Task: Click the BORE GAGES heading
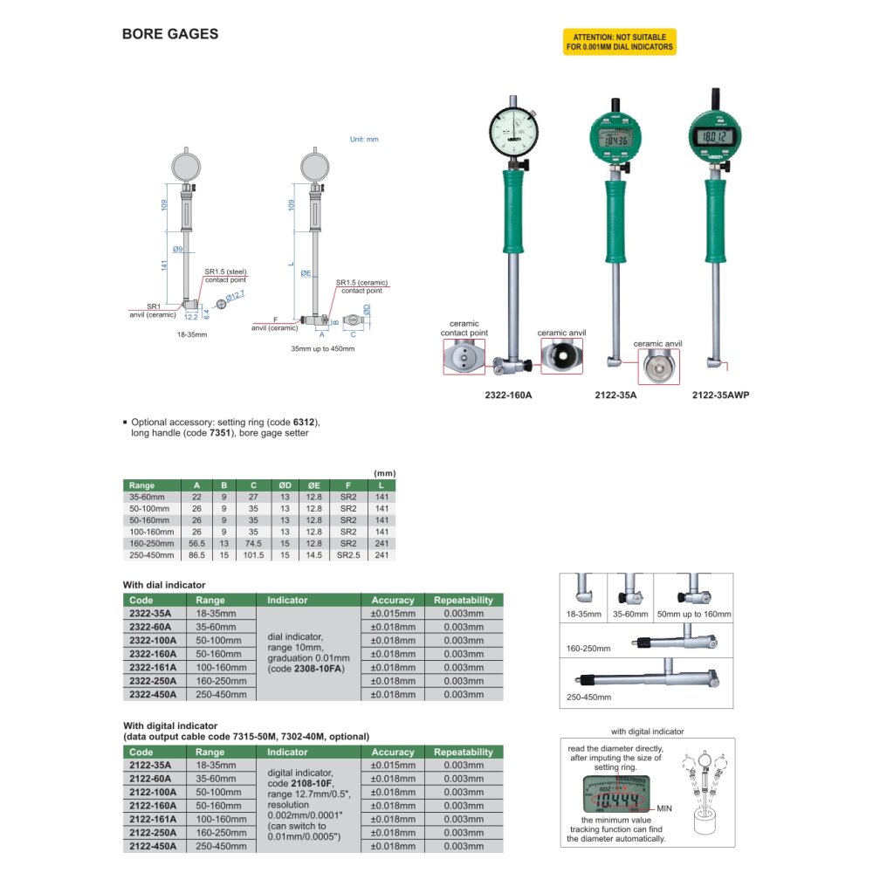[x=170, y=34]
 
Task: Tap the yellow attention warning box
[x=620, y=42]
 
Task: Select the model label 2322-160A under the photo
[x=508, y=395]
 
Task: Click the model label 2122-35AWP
[x=720, y=395]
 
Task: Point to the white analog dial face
[x=514, y=133]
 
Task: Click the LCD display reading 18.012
[x=716, y=136]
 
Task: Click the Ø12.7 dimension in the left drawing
[x=235, y=296]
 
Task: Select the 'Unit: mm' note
[x=364, y=139]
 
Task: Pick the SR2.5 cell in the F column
[x=348, y=555]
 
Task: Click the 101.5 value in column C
[x=253, y=555]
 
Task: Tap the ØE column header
[x=314, y=485]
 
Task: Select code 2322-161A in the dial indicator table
[x=153, y=667]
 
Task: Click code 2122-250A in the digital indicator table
[x=153, y=832]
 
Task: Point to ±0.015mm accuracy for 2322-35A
[x=393, y=613]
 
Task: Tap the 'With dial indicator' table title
[x=164, y=585]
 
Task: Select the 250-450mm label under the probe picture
[x=588, y=697]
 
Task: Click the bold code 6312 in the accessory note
[x=304, y=422]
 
